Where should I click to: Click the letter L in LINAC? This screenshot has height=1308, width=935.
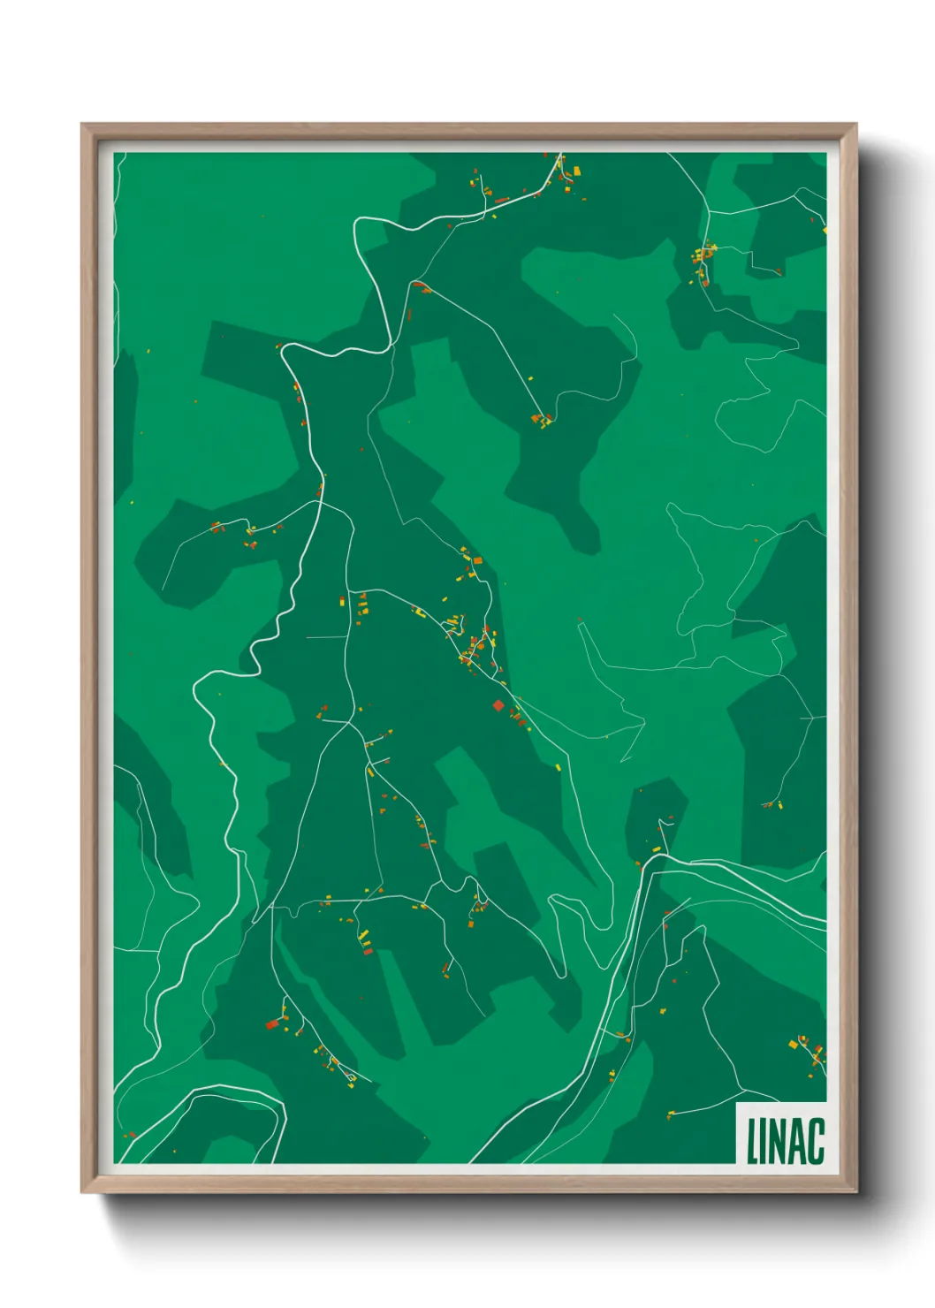pos(753,1141)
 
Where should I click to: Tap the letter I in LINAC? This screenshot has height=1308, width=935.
pos(765,1141)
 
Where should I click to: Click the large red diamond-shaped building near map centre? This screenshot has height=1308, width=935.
pos(498,705)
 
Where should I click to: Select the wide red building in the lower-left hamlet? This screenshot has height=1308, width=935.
pos(272,1024)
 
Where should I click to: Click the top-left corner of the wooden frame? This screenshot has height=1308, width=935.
pos(82,125)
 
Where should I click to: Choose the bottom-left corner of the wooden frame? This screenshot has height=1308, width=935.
pos(82,1192)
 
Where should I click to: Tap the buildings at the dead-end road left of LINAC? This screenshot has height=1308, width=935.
pos(671,1114)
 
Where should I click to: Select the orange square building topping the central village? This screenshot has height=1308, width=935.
pos(477,560)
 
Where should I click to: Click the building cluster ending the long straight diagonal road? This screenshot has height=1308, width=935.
pos(541,419)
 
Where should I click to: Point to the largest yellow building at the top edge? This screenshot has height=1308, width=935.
pos(577,170)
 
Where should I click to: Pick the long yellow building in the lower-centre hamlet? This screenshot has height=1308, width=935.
pos(362,935)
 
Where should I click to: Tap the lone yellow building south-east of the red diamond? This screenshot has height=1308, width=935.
pos(559,767)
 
